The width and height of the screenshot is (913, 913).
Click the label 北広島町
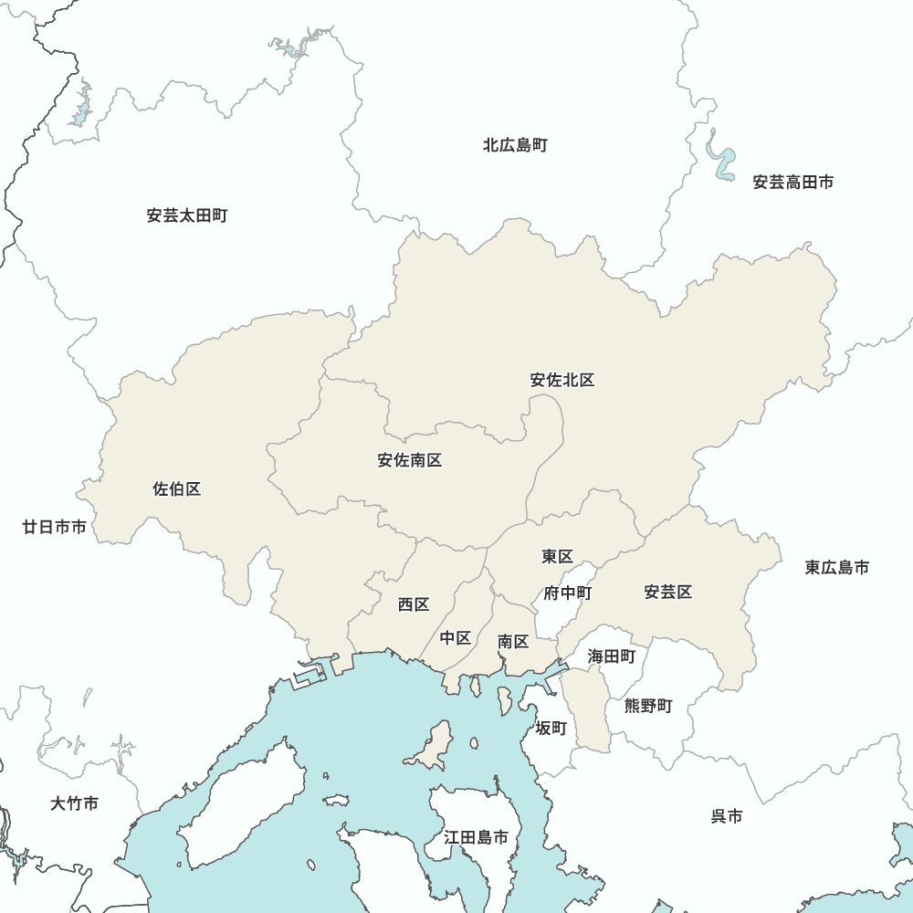click(515, 145)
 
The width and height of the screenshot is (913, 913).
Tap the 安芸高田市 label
click(792, 183)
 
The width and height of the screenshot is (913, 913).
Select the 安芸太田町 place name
click(186, 216)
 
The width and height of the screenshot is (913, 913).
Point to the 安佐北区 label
click(562, 380)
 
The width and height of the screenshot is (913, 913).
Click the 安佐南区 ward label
click(410, 460)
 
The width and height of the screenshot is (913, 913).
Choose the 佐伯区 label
click(177, 489)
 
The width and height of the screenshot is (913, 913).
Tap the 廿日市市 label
click(55, 527)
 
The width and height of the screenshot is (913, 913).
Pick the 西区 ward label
click(414, 604)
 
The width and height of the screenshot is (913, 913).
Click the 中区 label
click(456, 638)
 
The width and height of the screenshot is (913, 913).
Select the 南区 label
click(513, 642)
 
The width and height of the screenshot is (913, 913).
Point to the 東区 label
click(557, 556)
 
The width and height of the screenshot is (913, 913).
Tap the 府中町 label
click(568, 593)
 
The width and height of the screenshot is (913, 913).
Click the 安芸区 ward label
click(668, 593)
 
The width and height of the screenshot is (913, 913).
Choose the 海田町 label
click(611, 656)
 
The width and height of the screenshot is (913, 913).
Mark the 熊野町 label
click(648, 706)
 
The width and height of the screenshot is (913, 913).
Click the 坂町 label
click(551, 728)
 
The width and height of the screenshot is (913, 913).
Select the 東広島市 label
click(837, 568)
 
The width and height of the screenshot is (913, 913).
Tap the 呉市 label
click(727, 816)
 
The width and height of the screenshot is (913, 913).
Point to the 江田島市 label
click(476, 837)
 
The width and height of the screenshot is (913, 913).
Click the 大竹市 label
click(74, 804)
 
